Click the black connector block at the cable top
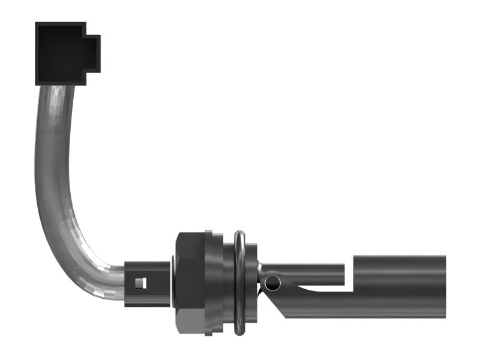pyautogui.click(x=60, y=53)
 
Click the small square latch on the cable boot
pyautogui.click(x=140, y=283)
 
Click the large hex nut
pyautogui.click(x=190, y=282)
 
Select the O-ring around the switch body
pyautogui.click(x=239, y=282)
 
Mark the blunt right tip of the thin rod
pyautogui.click(x=343, y=274)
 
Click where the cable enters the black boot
pyautogui.click(x=125, y=282)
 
